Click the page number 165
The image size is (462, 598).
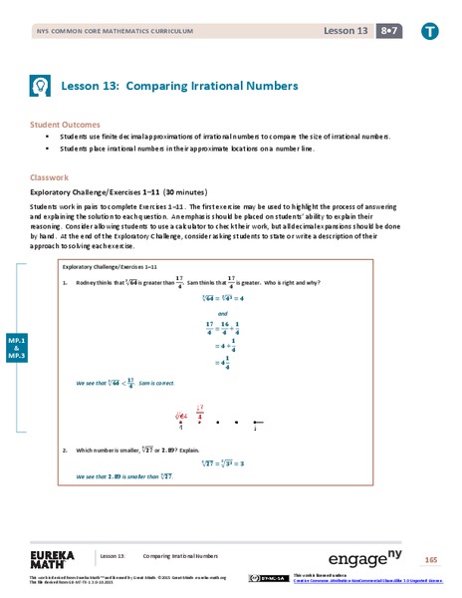pos(430,557)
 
